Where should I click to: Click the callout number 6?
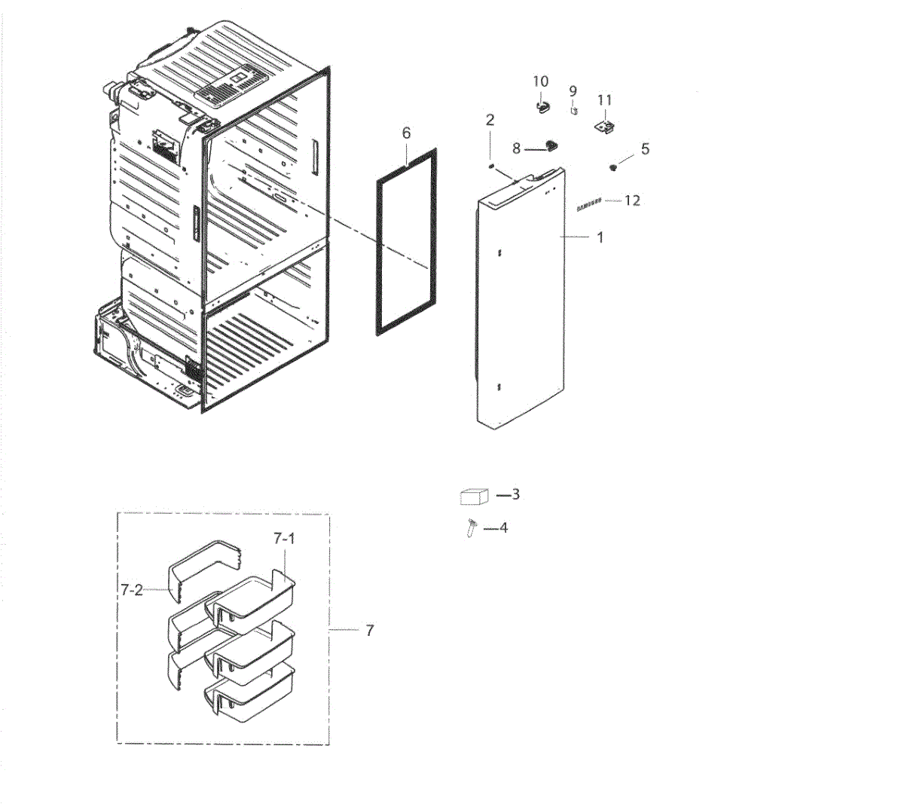(x=406, y=133)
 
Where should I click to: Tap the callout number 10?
(x=541, y=81)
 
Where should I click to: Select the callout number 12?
(x=633, y=200)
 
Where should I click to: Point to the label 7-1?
(x=284, y=538)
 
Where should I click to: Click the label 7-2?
(x=131, y=590)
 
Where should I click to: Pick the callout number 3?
(x=516, y=494)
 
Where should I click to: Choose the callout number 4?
(x=504, y=527)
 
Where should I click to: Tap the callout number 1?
(x=600, y=237)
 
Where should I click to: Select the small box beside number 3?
(x=474, y=497)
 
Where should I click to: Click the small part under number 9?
(x=574, y=110)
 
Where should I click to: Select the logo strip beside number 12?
(x=589, y=204)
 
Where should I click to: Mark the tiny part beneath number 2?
(x=491, y=165)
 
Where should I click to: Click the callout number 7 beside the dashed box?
(x=369, y=631)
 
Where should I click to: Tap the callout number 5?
(x=645, y=148)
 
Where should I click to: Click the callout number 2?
(x=490, y=120)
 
